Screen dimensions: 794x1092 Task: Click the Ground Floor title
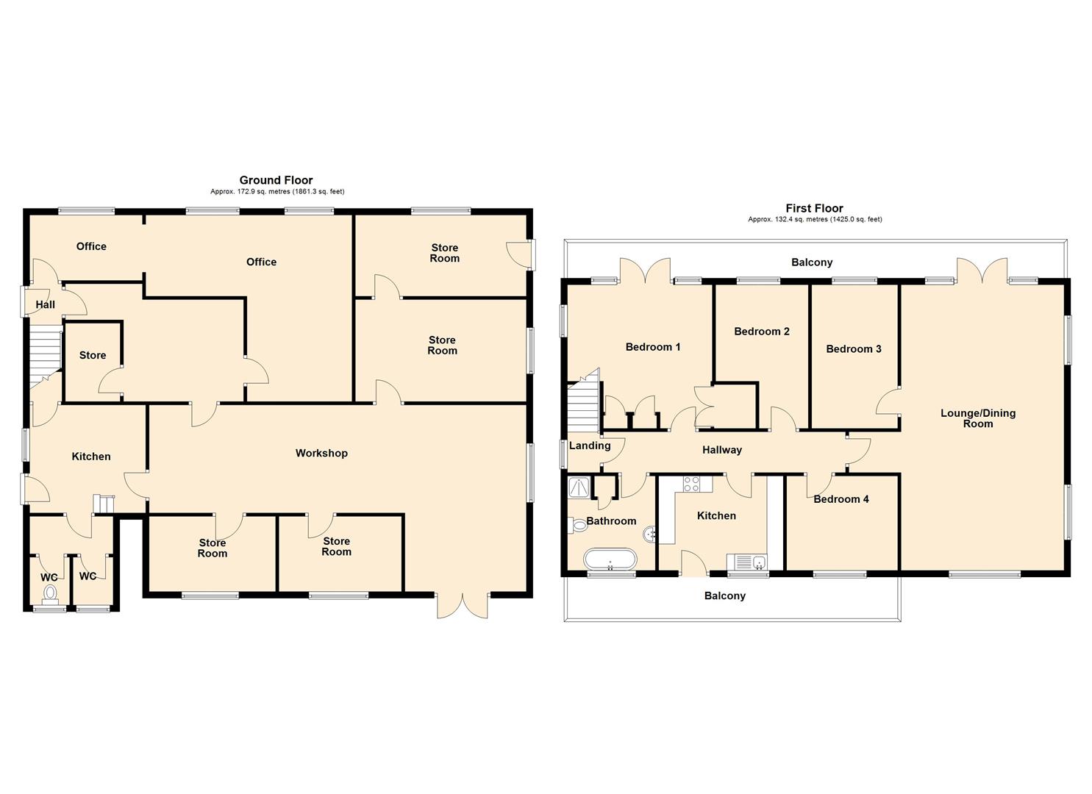276,180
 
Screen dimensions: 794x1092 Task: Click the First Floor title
814,208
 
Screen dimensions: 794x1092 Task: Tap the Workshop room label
321,453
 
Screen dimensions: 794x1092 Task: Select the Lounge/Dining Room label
978,418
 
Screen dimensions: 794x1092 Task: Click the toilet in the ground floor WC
50,593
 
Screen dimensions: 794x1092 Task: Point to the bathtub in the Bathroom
610,559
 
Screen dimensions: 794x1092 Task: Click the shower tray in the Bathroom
579,486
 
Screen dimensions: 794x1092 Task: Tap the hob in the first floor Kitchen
692,484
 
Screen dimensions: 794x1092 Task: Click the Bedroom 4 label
841,499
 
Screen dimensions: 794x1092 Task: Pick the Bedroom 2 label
762,332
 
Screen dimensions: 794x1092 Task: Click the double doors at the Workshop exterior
462,604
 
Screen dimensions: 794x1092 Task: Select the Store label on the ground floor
93,355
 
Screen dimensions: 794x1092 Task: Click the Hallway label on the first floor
721,450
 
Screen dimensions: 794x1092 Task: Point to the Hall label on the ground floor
46,304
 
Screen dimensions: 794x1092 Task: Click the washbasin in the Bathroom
649,534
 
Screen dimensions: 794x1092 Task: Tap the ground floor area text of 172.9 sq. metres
277,192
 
